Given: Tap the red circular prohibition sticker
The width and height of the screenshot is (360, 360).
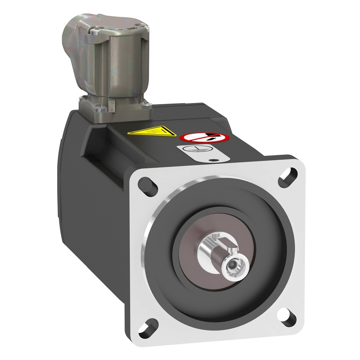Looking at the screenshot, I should tap(204, 137).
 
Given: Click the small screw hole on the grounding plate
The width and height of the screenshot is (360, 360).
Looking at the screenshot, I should tap(215, 161).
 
